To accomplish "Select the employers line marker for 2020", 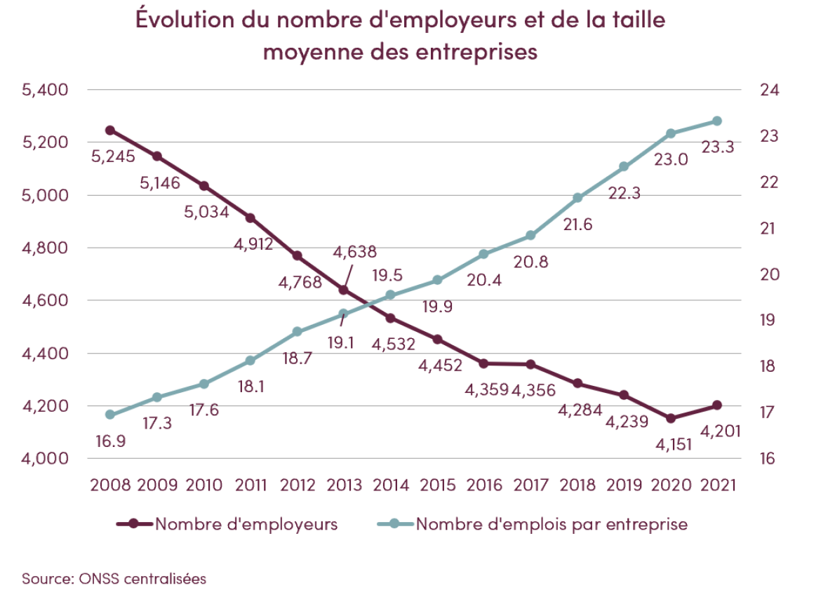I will [x=671, y=418].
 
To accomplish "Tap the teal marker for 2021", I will [x=717, y=121].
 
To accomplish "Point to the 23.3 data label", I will [x=717, y=147].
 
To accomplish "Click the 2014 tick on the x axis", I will [x=391, y=485].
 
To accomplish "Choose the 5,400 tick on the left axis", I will [x=44, y=90].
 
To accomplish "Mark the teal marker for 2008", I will [x=110, y=415].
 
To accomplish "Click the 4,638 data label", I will [x=355, y=252].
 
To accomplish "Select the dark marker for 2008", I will [x=110, y=130].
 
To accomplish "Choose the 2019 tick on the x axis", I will [x=624, y=485].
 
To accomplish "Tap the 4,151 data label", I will [x=672, y=443].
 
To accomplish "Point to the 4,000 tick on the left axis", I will [x=44, y=458].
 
